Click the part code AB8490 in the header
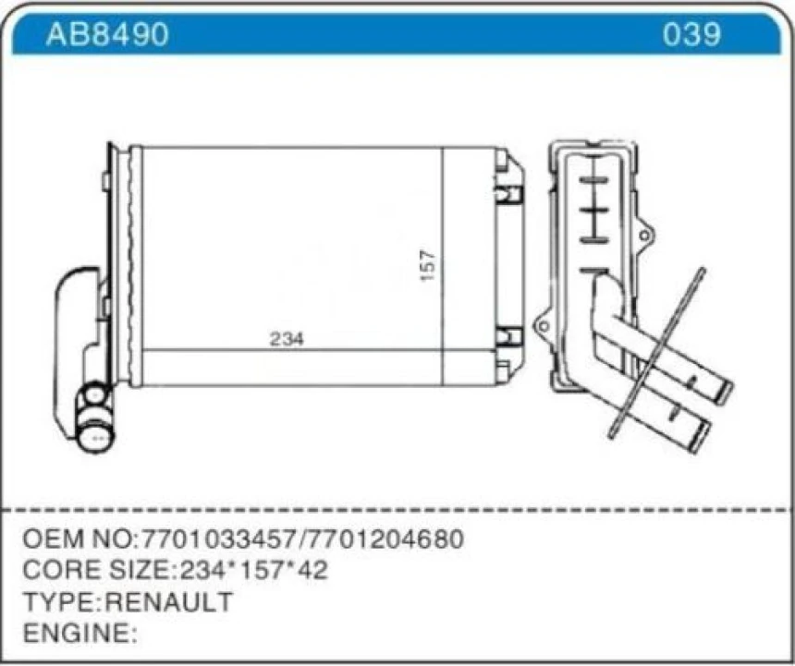[107, 34]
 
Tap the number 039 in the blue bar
[691, 34]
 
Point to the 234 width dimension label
[287, 339]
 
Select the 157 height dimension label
[427, 266]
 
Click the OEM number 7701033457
[218, 539]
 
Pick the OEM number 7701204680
[385, 539]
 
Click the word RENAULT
[169, 602]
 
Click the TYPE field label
[58, 602]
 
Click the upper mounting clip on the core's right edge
[508, 193]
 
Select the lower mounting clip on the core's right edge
[508, 336]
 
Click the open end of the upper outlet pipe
[723, 392]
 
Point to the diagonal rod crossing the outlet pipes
[658, 351]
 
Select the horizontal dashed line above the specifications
[397, 509]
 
